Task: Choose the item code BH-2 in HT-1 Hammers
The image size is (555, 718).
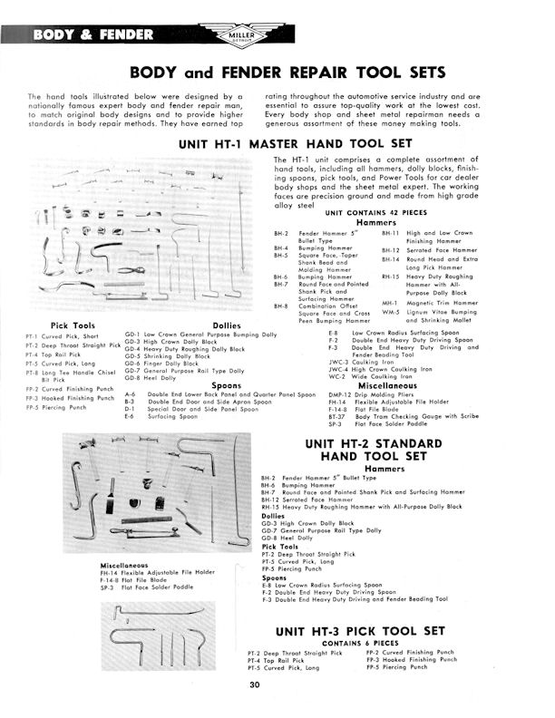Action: coord(282,233)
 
